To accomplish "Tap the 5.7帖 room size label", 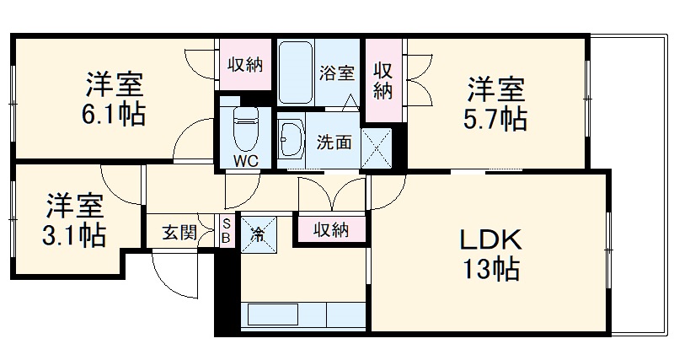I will [x=497, y=118].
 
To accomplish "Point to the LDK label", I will [x=490, y=240].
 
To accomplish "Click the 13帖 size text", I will [x=490, y=270].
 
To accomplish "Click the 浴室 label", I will [x=336, y=73].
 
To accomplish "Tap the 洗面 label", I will [x=334, y=142].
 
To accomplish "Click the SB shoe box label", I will [x=226, y=231].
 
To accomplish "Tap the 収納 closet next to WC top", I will [x=245, y=64].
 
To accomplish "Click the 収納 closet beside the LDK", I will [x=330, y=229].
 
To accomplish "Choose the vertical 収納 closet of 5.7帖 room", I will [x=384, y=79].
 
